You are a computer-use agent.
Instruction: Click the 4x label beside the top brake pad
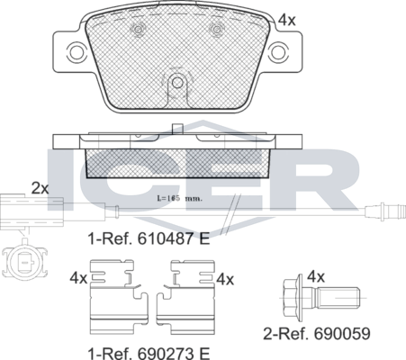pos(286,19)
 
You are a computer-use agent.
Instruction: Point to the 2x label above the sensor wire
pos(40,188)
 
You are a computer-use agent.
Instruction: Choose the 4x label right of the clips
pos(224,279)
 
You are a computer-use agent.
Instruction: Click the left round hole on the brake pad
pos(138,32)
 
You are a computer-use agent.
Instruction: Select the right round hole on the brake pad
pos(216,32)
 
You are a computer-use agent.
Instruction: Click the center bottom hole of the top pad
pos(177,83)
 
